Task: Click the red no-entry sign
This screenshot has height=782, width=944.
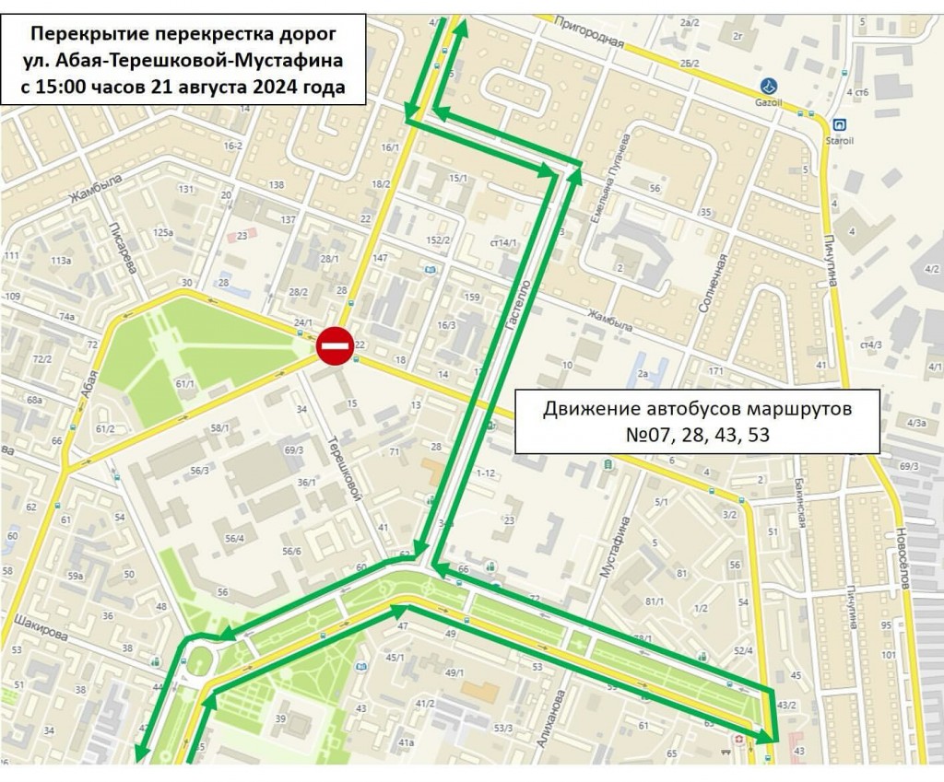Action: [x=335, y=346]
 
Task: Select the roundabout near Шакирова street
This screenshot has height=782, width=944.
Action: [x=199, y=659]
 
